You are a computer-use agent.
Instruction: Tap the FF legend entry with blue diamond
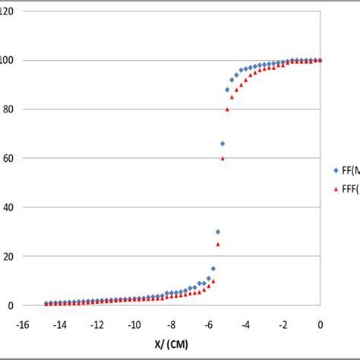click(x=346, y=171)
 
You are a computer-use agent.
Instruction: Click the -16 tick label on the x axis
click(x=23, y=325)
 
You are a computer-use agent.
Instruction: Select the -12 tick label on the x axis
click(x=96, y=325)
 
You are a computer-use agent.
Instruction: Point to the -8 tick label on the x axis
click(x=172, y=325)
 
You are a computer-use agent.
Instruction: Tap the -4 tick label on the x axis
click(x=246, y=325)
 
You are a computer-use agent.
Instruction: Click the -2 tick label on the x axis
click(x=283, y=325)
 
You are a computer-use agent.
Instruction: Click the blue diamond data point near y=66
click(x=223, y=143)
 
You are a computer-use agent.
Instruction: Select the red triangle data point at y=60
click(x=223, y=158)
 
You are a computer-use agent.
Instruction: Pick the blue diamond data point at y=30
click(x=218, y=232)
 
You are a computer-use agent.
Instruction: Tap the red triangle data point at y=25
click(x=218, y=244)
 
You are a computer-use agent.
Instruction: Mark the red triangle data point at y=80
click(x=227, y=109)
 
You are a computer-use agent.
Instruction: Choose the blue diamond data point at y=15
click(x=213, y=268)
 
